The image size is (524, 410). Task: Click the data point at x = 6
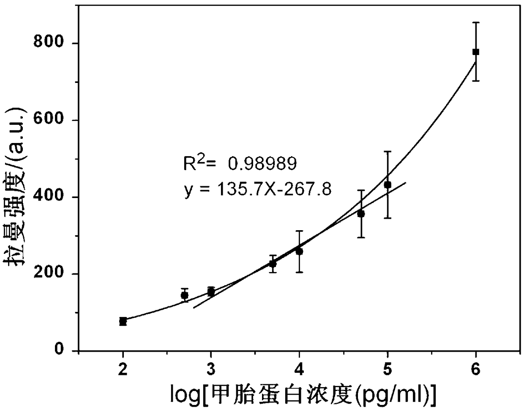[475, 52]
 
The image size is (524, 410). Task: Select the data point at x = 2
[123, 322]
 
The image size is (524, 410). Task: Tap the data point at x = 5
[388, 185]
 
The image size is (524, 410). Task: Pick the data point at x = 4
[299, 252]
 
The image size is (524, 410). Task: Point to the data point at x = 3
[211, 292]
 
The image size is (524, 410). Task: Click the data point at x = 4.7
[361, 214]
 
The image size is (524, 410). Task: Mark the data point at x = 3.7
[273, 264]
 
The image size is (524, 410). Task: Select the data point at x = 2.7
[185, 295]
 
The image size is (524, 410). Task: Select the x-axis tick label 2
[123, 369]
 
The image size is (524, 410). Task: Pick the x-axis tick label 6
[475, 369]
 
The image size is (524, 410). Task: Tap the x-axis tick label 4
[299, 369]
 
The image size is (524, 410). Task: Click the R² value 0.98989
[262, 163]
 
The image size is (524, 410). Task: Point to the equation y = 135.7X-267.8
[258, 190]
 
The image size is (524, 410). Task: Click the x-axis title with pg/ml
[303, 397]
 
